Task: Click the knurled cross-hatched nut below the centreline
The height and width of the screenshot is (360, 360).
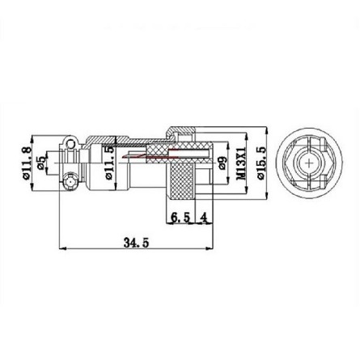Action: (x=181, y=183)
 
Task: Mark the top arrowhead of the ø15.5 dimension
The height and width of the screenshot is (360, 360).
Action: (x=268, y=129)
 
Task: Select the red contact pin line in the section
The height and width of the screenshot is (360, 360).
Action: (x=154, y=154)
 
